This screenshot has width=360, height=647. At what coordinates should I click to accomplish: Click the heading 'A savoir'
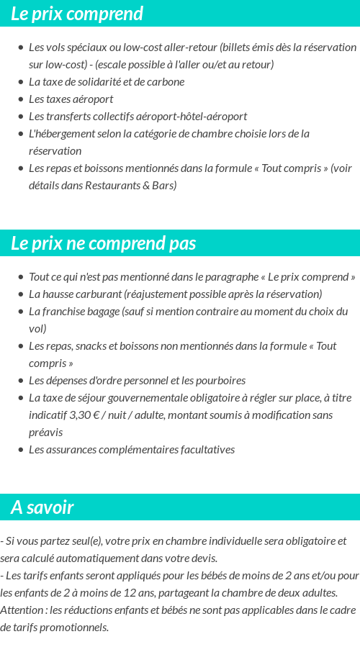(42, 507)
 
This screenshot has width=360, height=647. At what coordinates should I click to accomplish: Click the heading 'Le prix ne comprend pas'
(104, 243)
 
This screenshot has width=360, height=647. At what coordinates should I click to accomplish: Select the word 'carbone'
(166, 81)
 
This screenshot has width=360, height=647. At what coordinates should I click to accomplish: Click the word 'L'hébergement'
(60, 133)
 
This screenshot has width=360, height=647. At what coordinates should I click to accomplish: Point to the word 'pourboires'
(220, 380)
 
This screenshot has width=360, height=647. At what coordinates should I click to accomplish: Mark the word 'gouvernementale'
(153, 397)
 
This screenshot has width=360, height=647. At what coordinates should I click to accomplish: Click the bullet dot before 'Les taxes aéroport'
(20, 99)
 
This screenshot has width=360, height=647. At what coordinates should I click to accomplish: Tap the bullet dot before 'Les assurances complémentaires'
(20, 450)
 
